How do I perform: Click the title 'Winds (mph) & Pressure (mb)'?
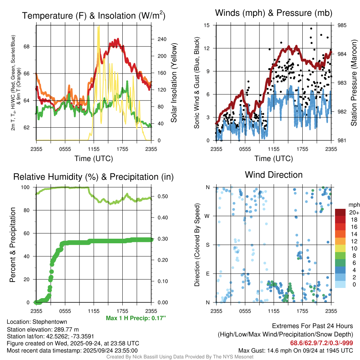tap(274, 13)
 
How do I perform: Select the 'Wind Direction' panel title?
tap(274, 175)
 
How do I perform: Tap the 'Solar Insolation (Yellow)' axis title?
tap(174, 83)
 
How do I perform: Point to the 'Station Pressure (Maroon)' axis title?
tap(354, 83)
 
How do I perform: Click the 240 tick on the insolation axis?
tap(162, 39)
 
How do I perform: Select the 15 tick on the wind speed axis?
tap(207, 25)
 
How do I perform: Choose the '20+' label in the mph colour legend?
tap(354, 213)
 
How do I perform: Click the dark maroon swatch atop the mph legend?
tap(341, 212)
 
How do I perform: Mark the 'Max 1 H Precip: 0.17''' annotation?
tap(136, 318)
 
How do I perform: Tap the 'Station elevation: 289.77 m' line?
tap(38, 329)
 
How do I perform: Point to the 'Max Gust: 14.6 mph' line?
tap(296, 350)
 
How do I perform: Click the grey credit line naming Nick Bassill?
tap(180, 357)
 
